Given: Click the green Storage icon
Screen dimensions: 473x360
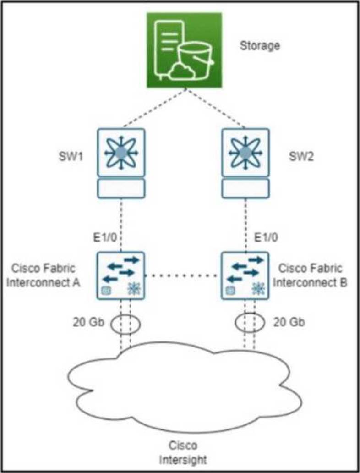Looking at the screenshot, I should click(184, 50).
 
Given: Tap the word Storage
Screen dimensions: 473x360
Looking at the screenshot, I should click(260, 46).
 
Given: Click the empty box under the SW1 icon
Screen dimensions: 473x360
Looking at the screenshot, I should click(121, 187).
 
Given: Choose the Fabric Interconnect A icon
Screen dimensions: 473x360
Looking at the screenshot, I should click(121, 275).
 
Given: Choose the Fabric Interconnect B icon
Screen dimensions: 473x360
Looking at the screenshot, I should click(245, 275).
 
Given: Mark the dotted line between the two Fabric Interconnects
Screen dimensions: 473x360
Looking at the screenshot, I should click(183, 276).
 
